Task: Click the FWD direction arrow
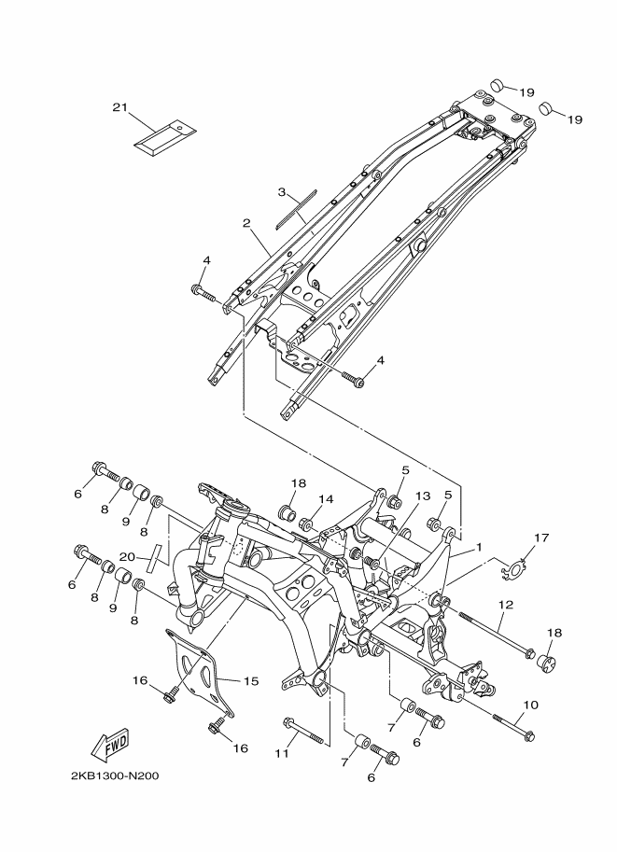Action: pyautogui.click(x=110, y=745)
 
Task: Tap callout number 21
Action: pyautogui.click(x=119, y=108)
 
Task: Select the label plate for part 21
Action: pyautogui.click(x=163, y=136)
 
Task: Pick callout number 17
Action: pyautogui.click(x=541, y=538)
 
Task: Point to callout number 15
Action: pyautogui.click(x=249, y=680)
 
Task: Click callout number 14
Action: pyautogui.click(x=327, y=498)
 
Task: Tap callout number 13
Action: pyautogui.click(x=423, y=496)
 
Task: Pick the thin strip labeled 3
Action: pyautogui.click(x=296, y=210)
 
